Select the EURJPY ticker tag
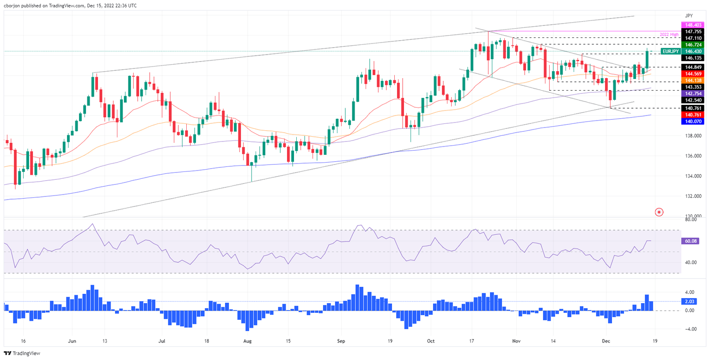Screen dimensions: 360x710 [x=671, y=51]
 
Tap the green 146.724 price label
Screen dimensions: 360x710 [x=692, y=45]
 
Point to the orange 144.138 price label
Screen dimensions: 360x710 [x=692, y=80]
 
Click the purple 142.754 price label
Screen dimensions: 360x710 [x=692, y=93]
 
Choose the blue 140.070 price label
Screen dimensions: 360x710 [x=692, y=121]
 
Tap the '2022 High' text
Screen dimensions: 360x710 [x=669, y=35]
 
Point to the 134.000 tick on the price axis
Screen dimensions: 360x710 [x=693, y=176]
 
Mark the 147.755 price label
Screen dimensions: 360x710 [x=692, y=31]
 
